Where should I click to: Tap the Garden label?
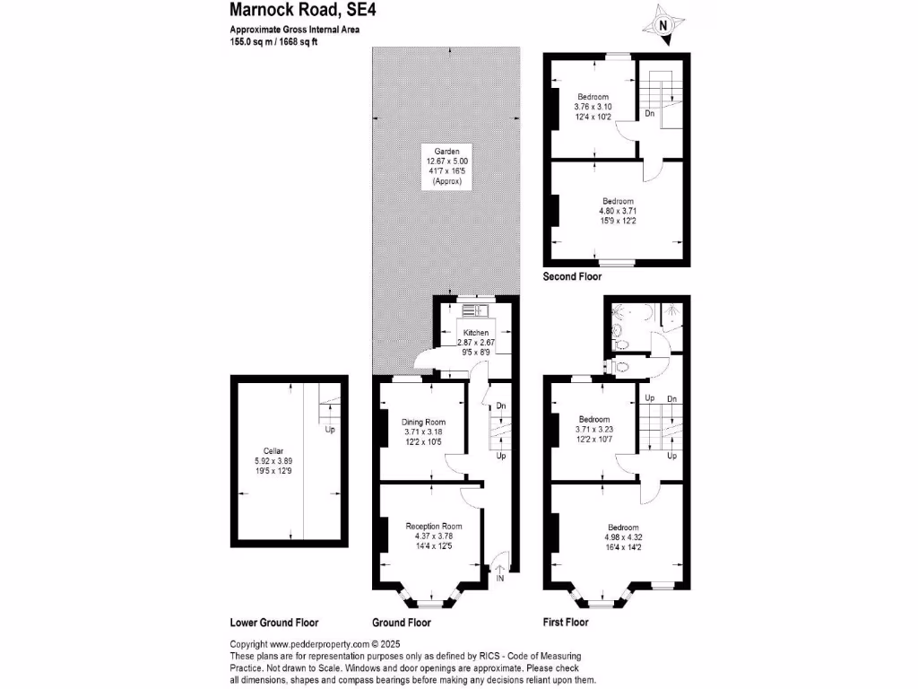coord(446,151)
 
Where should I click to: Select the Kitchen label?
coord(476,333)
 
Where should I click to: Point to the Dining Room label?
coord(423,422)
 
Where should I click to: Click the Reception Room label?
coord(434,526)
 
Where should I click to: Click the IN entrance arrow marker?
coord(500,568)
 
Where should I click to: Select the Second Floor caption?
coord(572,277)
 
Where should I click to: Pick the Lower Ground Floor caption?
coord(274,623)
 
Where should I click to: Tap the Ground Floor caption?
coord(401,623)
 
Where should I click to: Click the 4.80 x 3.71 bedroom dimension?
coord(618,212)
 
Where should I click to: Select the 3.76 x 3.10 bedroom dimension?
coord(593,107)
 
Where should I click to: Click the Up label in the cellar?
coord(330,430)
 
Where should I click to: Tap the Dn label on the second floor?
coord(649,114)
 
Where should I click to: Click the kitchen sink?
coord(472,310)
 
